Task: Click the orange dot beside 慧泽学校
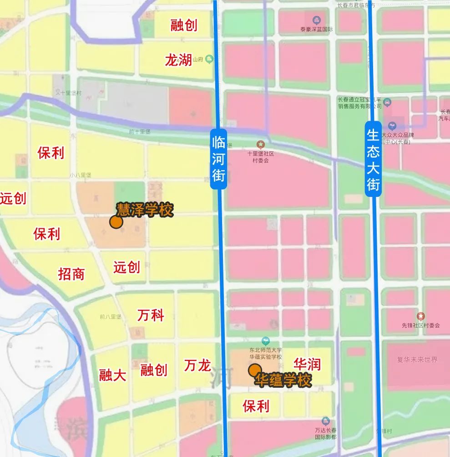tap(116, 222)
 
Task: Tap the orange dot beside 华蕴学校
tap(255, 370)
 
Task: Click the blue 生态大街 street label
tap(373, 159)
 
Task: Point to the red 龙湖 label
tap(178, 60)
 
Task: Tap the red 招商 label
tap(71, 274)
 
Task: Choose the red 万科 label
tap(151, 315)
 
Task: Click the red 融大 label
tap(112, 375)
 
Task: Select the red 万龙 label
tap(197, 365)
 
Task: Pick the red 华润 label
tap(307, 364)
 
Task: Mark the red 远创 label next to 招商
tap(126, 267)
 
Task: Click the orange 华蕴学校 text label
tap(283, 380)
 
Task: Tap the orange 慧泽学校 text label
tap(145, 210)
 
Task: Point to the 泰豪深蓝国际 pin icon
tap(317, 20)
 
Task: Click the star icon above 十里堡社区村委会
tap(260, 144)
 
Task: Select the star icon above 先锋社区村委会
tap(421, 316)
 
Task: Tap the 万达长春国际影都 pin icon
tap(325, 421)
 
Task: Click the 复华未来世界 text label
tap(417, 359)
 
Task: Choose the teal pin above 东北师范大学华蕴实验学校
tap(266, 341)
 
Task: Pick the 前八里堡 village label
tap(111, 317)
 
